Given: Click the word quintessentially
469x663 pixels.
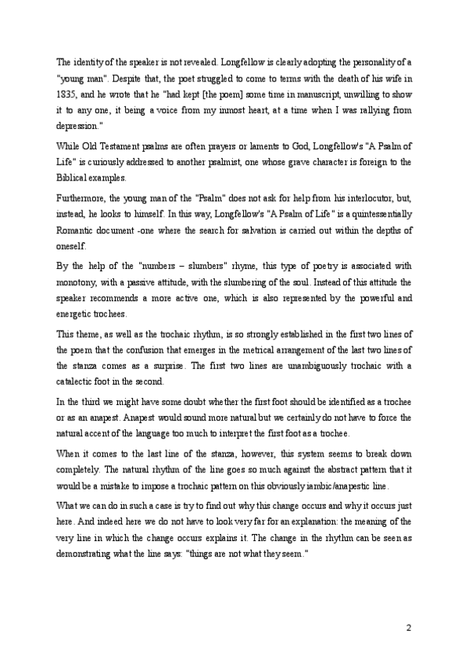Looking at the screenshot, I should pyautogui.click(x=378, y=214).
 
